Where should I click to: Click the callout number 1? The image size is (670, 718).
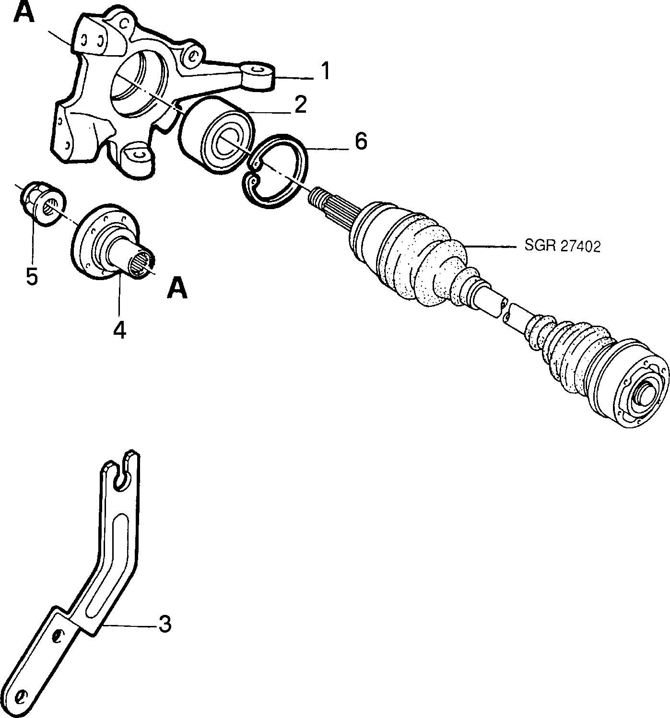coord(326,71)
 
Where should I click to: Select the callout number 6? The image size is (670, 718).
coord(361,141)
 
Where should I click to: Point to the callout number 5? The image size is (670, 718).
coord(32,277)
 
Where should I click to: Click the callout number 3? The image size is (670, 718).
coord(165,624)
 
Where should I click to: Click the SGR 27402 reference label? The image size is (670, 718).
coord(562,247)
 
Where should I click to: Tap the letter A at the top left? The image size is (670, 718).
coord(24,12)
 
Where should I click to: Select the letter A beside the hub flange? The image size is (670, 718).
coord(177,288)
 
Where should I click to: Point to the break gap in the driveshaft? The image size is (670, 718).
coord(505,307)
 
